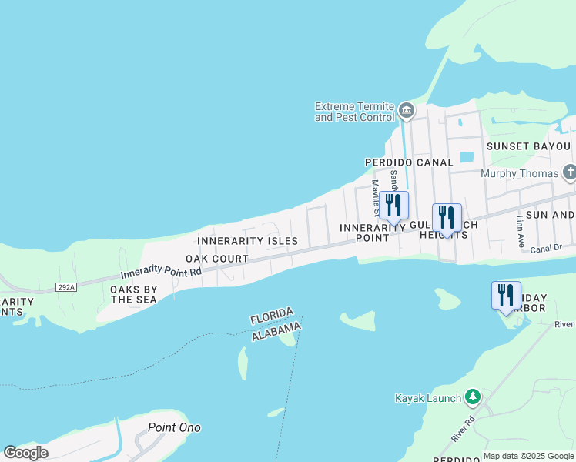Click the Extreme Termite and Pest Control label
pos(354,112)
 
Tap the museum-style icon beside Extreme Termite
pos(407,112)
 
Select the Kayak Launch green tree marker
pos(472,397)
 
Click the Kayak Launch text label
pos(427,398)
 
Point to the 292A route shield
pos(67,287)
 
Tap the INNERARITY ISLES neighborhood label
pos(247,241)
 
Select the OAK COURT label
pos(217,259)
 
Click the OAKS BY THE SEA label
pos(134,295)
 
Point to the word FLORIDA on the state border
pos(271,316)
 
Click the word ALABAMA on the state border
pos(275,329)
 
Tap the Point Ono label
pos(174,427)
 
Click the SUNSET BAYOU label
pos(527,146)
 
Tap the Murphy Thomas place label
pos(518,173)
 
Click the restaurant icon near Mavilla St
pos(393,206)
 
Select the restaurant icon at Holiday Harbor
pos(506,296)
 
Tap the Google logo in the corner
pos(26,453)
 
